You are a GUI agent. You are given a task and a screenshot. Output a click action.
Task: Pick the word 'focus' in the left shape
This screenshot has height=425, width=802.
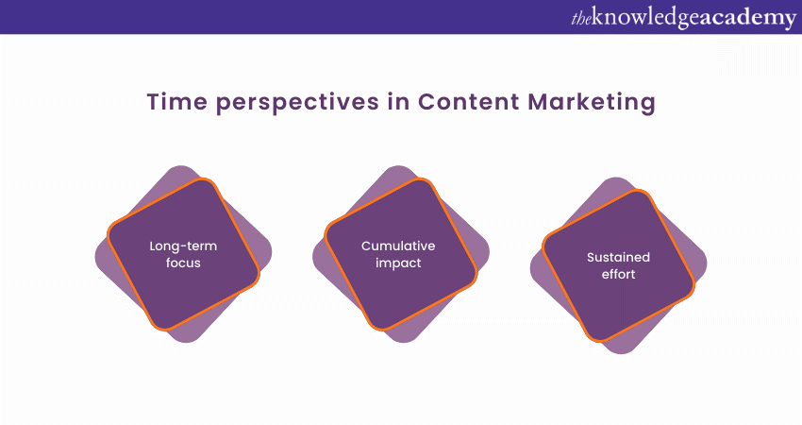tap(183, 263)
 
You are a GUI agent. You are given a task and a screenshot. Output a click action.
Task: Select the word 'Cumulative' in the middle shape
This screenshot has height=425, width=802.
tap(398, 246)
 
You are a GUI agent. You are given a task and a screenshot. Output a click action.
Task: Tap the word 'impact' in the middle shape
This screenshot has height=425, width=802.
tap(398, 263)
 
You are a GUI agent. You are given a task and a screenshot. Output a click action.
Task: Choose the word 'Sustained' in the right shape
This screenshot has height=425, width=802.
tap(618, 257)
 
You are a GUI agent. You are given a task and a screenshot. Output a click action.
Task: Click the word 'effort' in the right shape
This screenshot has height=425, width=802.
tap(618, 274)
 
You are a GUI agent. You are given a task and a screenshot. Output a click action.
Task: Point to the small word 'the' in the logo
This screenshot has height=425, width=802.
tap(584, 18)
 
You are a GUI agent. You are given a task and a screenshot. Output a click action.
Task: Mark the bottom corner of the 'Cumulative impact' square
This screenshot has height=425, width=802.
tap(380, 329)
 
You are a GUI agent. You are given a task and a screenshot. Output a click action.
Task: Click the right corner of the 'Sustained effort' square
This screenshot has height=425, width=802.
tap(693, 280)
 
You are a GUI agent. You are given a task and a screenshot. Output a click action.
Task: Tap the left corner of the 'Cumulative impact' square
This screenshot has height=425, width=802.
tap(326, 229)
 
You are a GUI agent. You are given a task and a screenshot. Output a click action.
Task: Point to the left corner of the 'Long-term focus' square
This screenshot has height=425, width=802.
tap(109, 229)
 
